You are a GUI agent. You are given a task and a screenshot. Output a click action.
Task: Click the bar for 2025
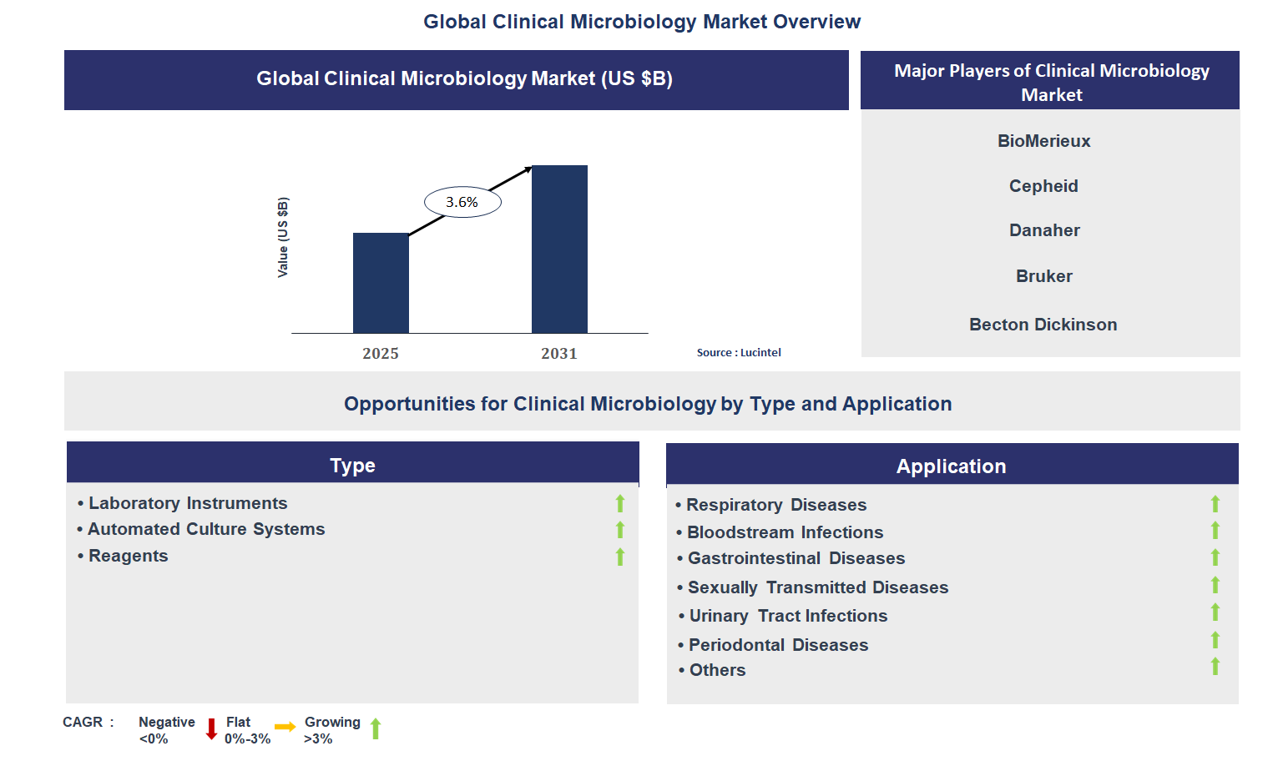[381, 284]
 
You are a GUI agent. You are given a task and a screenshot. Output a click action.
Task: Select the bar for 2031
[559, 249]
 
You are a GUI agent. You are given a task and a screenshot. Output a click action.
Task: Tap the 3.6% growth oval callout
[462, 202]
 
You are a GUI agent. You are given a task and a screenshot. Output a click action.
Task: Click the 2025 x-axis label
[381, 354]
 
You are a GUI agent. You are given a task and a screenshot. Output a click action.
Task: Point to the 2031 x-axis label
[559, 354]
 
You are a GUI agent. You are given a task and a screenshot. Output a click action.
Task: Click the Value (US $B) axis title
[283, 238]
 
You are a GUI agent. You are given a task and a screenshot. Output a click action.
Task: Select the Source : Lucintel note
[739, 353]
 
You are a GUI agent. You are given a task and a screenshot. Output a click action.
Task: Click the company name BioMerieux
[1043, 141]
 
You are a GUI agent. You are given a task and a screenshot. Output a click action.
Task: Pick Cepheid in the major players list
[1043, 186]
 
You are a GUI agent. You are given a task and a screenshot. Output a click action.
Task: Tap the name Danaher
[1044, 230]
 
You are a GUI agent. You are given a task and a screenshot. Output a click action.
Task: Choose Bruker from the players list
[1043, 276]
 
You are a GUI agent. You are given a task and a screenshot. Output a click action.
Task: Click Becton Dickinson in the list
[1043, 325]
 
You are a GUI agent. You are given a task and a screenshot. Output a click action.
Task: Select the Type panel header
[352, 465]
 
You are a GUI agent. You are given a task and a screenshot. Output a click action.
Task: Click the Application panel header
[952, 466]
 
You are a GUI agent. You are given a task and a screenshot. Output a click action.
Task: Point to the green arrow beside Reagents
[620, 557]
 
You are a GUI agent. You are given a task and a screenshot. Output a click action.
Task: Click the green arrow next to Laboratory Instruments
[620, 503]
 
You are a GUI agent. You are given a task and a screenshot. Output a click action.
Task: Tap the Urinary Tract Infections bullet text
[788, 616]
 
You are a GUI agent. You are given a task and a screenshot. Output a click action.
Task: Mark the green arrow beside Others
[1215, 666]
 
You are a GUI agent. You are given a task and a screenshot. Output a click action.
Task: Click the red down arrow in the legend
[211, 729]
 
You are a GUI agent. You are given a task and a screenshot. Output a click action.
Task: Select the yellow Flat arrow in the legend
[285, 727]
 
